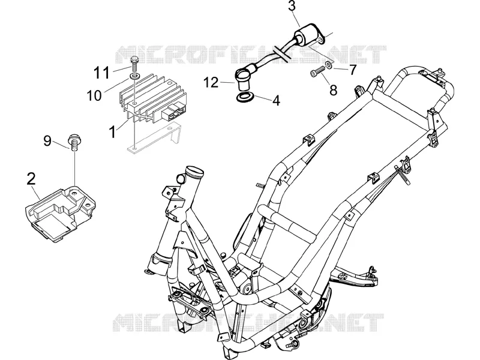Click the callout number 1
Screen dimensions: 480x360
pyautogui.click(x=113, y=132)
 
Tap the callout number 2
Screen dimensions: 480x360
pyautogui.click(x=31, y=179)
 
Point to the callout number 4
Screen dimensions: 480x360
pyautogui.click(x=276, y=100)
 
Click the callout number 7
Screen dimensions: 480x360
pyautogui.click(x=353, y=70)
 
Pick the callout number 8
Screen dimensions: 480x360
pyautogui.click(x=333, y=90)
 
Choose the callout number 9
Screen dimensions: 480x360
pyautogui.click(x=47, y=141)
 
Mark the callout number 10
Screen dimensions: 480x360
pyautogui.click(x=94, y=95)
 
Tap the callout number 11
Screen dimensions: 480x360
pyautogui.click(x=101, y=73)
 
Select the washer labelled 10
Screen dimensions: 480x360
pyautogui.click(x=134, y=75)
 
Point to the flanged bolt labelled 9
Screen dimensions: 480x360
pyautogui.click(x=74, y=142)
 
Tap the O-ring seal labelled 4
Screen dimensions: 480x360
pyautogui.click(x=245, y=98)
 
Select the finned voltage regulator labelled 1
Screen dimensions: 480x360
pyautogui.click(x=152, y=99)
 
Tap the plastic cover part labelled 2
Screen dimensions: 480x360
pyautogui.click(x=60, y=213)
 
